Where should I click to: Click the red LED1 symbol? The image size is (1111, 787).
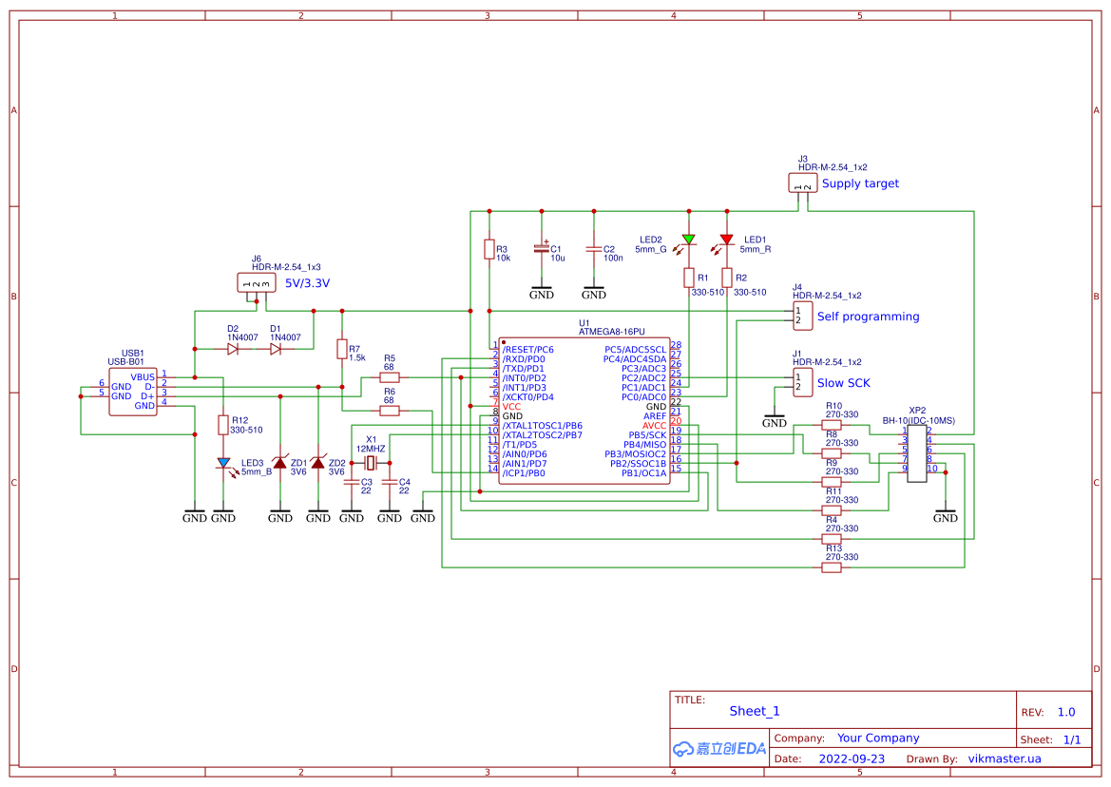[726, 240]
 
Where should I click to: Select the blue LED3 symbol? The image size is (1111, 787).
[223, 463]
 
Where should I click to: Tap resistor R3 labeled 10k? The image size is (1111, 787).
[488, 250]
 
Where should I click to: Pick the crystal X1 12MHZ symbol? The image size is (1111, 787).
[371, 463]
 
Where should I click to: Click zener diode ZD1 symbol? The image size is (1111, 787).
[280, 462]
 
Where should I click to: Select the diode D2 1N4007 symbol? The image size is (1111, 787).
[233, 349]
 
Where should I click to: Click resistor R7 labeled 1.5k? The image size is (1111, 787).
[341, 349]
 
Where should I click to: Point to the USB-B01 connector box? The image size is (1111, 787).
[133, 391]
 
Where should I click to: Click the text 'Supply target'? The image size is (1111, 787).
[860, 183]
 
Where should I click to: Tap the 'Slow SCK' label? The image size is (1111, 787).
[843, 383]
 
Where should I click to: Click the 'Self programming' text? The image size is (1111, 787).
[868, 317]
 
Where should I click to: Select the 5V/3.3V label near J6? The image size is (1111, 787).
[308, 283]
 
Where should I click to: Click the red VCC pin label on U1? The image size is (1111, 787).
[512, 407]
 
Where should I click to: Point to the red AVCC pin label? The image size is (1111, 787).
[655, 426]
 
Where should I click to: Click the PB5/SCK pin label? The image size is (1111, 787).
[647, 435]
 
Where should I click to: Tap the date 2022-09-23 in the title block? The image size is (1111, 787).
[852, 758]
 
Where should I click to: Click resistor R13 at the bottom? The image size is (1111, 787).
[832, 567]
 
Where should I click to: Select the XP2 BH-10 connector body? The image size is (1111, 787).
[916, 454]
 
